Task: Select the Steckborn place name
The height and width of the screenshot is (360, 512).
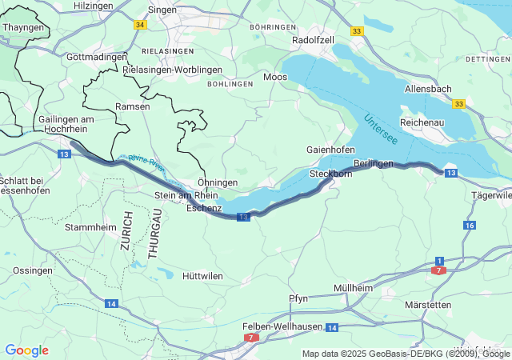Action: pyautogui.click(x=330, y=173)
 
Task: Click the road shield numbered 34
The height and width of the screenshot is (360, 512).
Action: pyautogui.click(x=141, y=25)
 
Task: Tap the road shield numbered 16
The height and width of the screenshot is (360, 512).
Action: pyautogui.click(x=469, y=226)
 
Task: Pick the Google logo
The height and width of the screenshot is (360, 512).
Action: pyautogui.click(x=26, y=350)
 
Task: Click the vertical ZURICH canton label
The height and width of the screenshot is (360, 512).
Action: pyautogui.click(x=126, y=232)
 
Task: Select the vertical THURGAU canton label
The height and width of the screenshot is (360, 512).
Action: pyautogui.click(x=154, y=232)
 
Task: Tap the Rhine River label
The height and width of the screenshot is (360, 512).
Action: pyautogui.click(x=146, y=165)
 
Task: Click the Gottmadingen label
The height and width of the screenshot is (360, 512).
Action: pyautogui.click(x=97, y=57)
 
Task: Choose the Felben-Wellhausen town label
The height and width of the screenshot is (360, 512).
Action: pyautogui.click(x=282, y=326)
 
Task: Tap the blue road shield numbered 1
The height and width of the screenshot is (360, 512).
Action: pyautogui.click(x=439, y=261)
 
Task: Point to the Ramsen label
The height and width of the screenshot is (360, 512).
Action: pyautogui.click(x=132, y=106)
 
